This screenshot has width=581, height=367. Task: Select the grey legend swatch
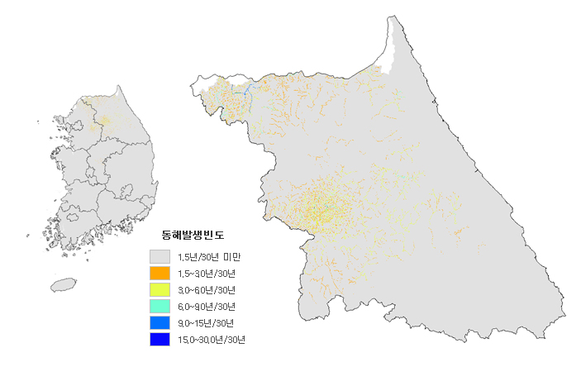[x=160, y=256]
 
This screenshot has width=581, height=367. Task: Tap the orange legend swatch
[x=160, y=273]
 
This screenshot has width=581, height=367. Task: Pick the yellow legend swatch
[x=160, y=289]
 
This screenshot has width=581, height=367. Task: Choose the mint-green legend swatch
[x=160, y=306]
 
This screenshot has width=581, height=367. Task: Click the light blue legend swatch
[x=160, y=322]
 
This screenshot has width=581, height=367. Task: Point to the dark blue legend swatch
[x=160, y=339]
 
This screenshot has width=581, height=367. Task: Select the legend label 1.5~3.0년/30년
[x=207, y=274]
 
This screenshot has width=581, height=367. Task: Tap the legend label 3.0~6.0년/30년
[x=207, y=290]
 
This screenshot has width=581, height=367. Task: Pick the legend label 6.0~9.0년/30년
[x=207, y=307]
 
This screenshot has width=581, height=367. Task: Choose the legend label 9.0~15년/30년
[x=205, y=323]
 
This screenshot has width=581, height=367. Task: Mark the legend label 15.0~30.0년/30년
[x=211, y=340]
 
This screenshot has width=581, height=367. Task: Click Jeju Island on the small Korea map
[x=63, y=284]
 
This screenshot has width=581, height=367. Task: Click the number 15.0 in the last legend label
[x=186, y=340]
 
